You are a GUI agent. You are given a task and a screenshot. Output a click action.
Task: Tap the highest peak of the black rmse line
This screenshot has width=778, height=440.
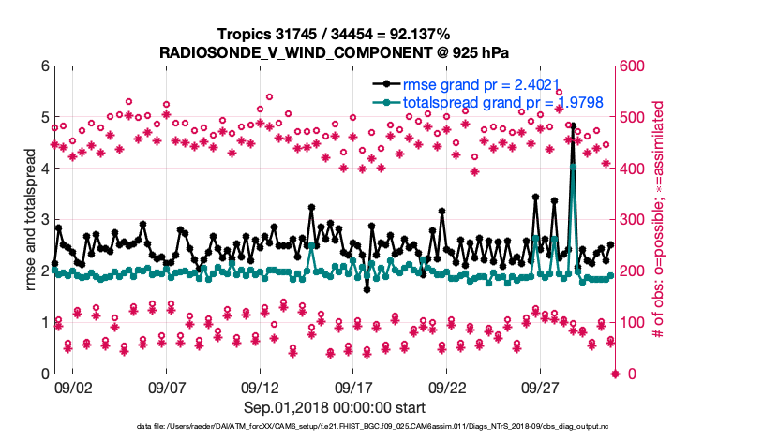[573, 125]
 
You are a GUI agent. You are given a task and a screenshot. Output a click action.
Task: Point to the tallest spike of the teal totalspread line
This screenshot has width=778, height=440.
[573, 168]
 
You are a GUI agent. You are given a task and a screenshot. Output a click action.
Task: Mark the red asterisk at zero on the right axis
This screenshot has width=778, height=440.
[615, 374]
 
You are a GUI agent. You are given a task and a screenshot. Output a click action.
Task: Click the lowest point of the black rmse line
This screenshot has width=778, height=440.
[367, 289]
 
